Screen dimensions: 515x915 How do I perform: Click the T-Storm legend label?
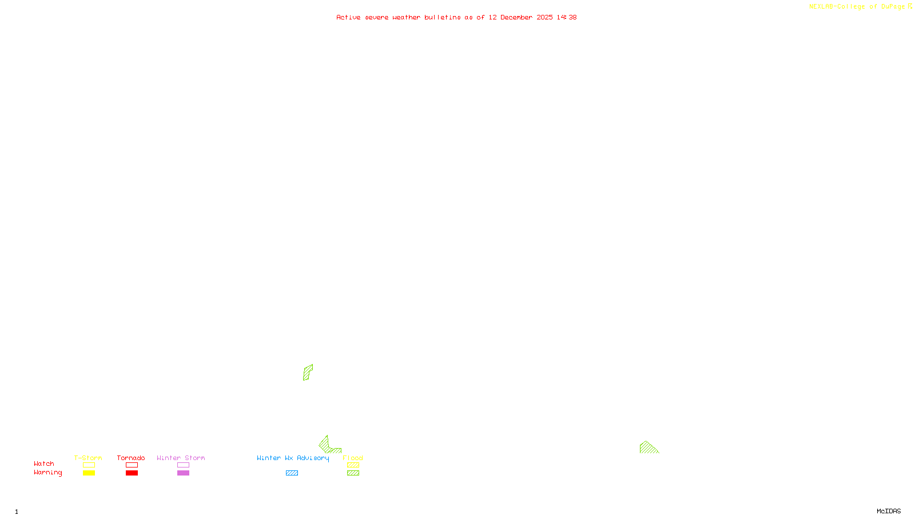pyautogui.click(x=88, y=458)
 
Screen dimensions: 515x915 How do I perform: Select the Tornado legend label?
pyautogui.click(x=131, y=458)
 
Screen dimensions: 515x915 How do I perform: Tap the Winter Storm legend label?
pyautogui.click(x=181, y=458)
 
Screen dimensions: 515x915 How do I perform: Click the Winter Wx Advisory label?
pyautogui.click(x=293, y=458)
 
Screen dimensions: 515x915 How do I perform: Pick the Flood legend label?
pyautogui.click(x=353, y=458)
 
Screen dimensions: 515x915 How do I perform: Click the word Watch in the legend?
pyautogui.click(x=44, y=463)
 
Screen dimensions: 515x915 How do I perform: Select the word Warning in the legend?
pyautogui.click(x=48, y=473)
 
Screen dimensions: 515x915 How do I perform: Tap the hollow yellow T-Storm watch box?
pyautogui.click(x=89, y=465)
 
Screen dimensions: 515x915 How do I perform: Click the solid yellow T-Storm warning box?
pyautogui.click(x=89, y=473)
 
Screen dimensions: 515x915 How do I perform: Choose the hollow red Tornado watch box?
pyautogui.click(x=132, y=465)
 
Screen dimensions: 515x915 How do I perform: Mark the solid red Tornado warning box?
pyautogui.click(x=132, y=473)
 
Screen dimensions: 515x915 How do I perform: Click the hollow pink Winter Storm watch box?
pyautogui.click(x=183, y=465)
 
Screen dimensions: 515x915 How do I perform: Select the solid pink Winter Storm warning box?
pyautogui.click(x=183, y=473)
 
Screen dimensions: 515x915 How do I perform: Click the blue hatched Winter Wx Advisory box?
pyautogui.click(x=292, y=473)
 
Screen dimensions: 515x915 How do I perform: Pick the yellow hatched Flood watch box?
pyautogui.click(x=353, y=465)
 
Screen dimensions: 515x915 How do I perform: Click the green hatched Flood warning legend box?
pyautogui.click(x=353, y=473)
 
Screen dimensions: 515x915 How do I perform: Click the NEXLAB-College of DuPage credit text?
pyautogui.click(x=857, y=7)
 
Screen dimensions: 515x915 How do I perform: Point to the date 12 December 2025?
pyautogui.click(x=520, y=17)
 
